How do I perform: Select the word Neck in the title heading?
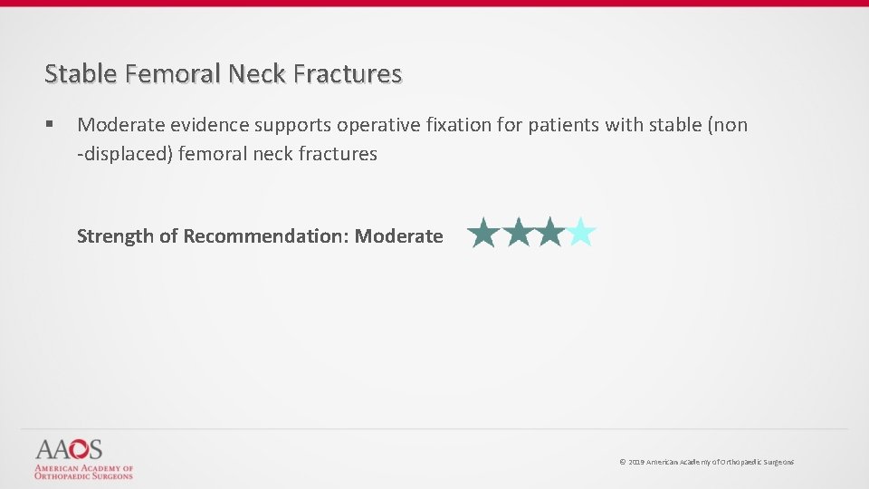point(260,73)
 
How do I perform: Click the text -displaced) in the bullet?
point(124,154)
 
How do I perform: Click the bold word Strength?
point(115,236)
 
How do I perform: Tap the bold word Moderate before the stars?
point(398,236)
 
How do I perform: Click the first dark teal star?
point(484,234)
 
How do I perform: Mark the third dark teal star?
point(549,234)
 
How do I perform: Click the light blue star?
point(580,234)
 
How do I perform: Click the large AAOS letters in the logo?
point(69,449)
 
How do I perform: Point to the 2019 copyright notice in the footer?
point(706,462)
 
